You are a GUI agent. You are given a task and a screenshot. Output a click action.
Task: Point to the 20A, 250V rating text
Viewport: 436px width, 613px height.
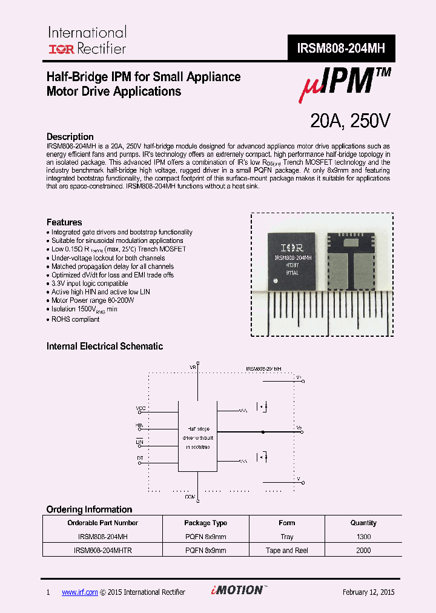[350, 121]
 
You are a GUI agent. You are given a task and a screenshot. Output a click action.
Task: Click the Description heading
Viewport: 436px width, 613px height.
[70, 137]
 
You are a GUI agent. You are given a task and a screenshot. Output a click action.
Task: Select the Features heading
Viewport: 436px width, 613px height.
[64, 222]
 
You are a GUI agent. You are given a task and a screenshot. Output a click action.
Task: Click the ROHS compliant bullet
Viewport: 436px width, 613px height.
[75, 319]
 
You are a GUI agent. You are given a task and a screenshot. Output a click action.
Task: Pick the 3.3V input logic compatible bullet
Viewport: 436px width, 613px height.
[89, 283]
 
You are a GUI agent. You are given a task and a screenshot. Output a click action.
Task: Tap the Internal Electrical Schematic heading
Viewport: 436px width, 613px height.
[105, 346]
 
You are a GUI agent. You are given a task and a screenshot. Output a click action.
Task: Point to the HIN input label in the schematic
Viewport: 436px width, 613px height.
[140, 426]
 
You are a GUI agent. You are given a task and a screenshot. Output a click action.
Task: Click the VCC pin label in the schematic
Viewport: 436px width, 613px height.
[140, 408]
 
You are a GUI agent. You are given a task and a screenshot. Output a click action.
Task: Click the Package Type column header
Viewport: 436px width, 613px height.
[206, 523]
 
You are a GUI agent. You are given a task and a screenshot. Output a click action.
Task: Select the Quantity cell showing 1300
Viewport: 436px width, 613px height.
[363, 537]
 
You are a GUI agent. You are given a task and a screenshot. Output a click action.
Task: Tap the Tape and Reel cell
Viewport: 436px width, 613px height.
[288, 551]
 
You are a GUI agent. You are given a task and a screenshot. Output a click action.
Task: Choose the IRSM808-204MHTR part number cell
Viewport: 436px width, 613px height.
[103, 551]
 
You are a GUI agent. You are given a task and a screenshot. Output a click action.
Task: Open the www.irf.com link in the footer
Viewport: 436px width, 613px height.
[79, 592]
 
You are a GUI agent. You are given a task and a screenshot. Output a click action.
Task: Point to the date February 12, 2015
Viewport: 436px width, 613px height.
[368, 592]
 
